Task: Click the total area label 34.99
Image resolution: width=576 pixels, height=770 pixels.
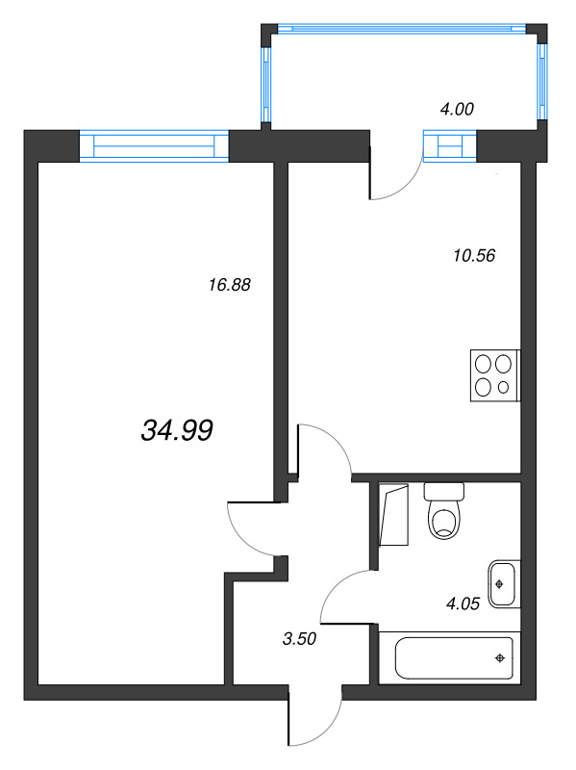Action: coord(176,431)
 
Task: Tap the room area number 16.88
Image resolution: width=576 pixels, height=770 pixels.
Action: coord(229,284)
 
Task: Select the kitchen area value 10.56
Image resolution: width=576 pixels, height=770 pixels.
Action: coord(472,256)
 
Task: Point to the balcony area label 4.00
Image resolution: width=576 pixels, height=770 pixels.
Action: coord(457,110)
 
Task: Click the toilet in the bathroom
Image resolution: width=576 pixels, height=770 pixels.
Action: coord(443,513)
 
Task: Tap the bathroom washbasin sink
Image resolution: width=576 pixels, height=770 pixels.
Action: coord(502,583)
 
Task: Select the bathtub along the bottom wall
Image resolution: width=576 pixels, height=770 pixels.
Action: coord(449,657)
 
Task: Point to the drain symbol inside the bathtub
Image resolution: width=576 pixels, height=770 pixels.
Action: coord(499,658)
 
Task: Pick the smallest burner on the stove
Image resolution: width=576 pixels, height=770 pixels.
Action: coord(504,388)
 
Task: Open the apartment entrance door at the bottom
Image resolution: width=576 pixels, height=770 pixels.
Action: coord(313,717)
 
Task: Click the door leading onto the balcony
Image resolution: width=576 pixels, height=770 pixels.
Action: coord(394,174)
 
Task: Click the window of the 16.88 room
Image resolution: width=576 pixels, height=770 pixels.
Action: coord(154,145)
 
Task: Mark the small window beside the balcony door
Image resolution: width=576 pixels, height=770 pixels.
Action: coord(450,145)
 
